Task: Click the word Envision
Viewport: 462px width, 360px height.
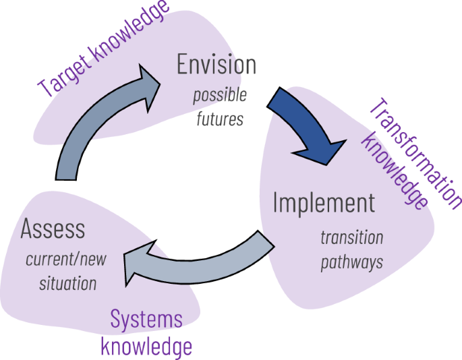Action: [216, 65]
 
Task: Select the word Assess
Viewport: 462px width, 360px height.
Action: [53, 229]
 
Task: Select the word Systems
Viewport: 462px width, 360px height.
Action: [146, 319]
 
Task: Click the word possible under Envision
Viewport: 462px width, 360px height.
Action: [220, 94]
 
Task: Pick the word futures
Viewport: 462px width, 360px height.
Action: [219, 119]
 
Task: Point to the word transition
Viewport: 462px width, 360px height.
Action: [351, 237]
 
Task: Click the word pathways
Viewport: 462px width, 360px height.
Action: [351, 262]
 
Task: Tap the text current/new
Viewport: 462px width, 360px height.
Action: [66, 259]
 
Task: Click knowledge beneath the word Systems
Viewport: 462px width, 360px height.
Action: [146, 347]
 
